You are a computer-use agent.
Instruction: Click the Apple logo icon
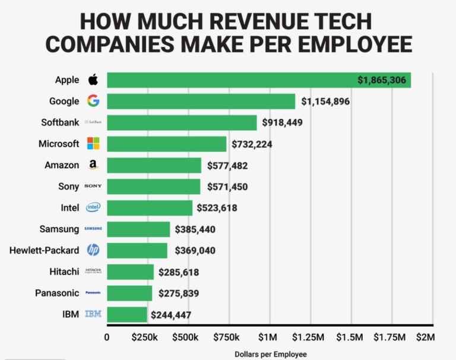(x=93, y=80)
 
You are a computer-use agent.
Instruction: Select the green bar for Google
(x=201, y=102)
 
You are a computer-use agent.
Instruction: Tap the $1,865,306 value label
(x=382, y=80)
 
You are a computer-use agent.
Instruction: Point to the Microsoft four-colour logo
(x=93, y=144)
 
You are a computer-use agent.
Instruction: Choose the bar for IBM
(x=127, y=314)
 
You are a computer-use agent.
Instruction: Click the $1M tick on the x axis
(x=268, y=337)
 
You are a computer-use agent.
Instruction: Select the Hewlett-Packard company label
(x=45, y=250)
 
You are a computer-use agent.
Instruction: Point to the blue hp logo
(x=93, y=250)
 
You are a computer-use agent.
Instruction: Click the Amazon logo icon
(x=93, y=165)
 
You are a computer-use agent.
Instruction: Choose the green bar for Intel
(x=150, y=208)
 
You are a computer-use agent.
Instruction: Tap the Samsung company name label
(x=59, y=229)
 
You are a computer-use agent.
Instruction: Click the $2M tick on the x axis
(x=425, y=337)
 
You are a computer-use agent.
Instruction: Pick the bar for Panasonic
(x=129, y=293)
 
